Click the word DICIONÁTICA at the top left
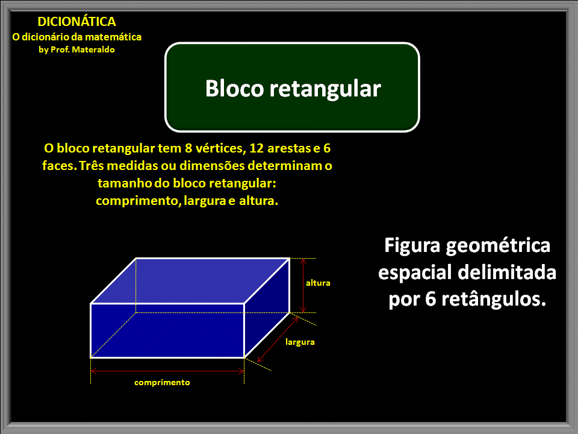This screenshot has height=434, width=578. click(x=76, y=22)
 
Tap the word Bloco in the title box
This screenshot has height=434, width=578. click(x=234, y=88)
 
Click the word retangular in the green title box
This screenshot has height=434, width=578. click(x=325, y=88)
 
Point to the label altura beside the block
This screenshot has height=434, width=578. click(x=318, y=282)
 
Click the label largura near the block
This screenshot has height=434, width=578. click(x=300, y=342)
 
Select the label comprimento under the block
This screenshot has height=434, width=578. click(x=162, y=382)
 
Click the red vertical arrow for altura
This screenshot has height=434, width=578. click(x=303, y=285)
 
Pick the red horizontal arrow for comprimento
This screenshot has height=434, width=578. click(x=167, y=371)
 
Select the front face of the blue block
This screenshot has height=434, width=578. click(x=167, y=330)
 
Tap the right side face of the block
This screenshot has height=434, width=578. click(x=267, y=307)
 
